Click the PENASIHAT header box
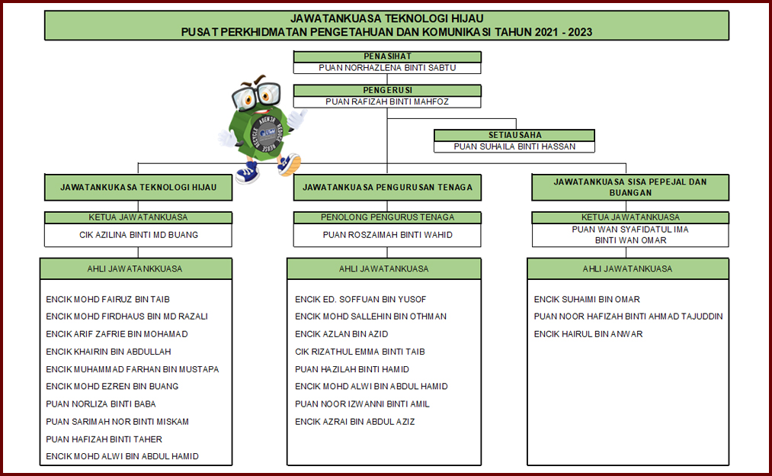point(387,56)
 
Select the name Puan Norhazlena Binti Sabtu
point(387,68)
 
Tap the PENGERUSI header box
point(387,90)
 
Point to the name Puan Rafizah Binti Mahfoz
point(387,101)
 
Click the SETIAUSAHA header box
point(514,135)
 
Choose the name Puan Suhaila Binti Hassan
point(514,146)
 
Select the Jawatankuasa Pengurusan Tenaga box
point(387,187)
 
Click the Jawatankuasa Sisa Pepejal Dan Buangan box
point(629,187)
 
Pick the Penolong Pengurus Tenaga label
point(387,217)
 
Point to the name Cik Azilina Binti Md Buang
point(139,235)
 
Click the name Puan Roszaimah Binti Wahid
point(387,235)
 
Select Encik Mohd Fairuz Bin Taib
point(107,299)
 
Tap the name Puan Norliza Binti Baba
point(101,404)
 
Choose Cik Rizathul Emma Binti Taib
point(360,352)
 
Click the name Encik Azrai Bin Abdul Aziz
point(354,421)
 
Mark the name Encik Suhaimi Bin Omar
point(587,299)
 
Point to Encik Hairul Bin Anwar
point(588,334)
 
